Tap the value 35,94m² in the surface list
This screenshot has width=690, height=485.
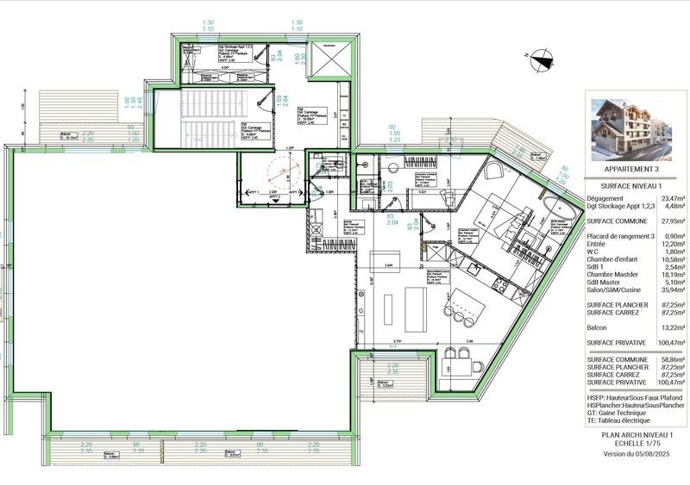point(671,291)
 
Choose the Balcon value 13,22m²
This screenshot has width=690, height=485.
point(671,326)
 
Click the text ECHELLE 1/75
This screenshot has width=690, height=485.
point(637,445)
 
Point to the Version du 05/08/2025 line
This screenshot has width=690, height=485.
point(637,454)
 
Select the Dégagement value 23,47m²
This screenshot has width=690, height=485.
point(671,197)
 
